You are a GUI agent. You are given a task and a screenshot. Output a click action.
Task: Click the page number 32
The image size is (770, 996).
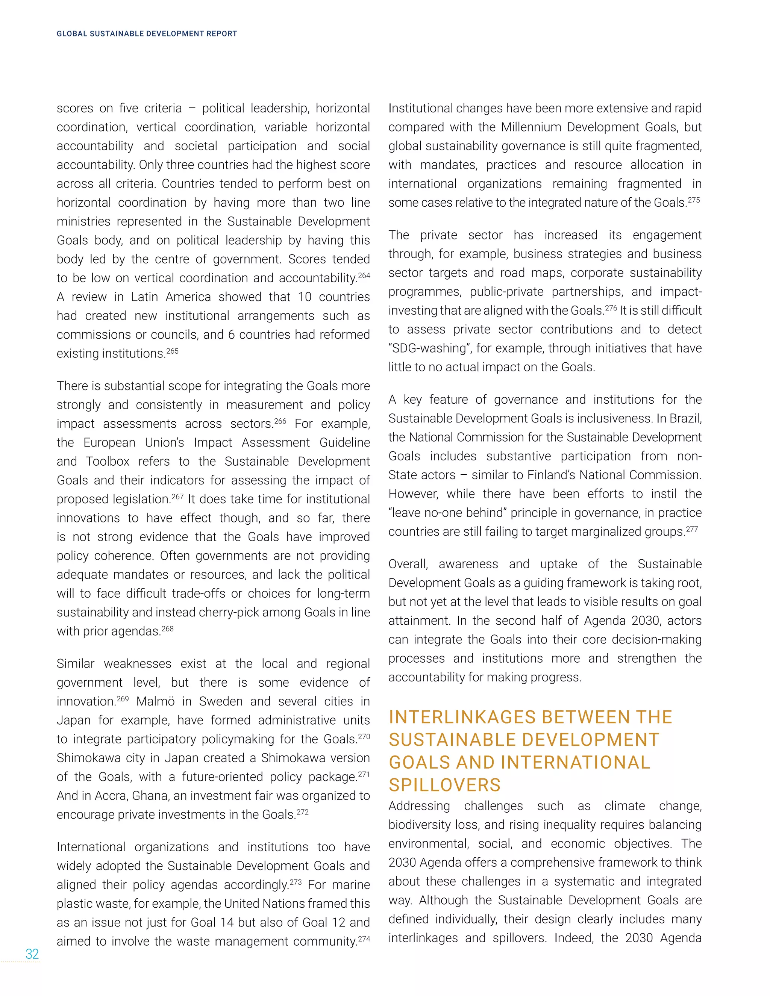click(32, 954)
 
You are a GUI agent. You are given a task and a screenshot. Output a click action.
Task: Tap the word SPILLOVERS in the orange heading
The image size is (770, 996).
click(444, 785)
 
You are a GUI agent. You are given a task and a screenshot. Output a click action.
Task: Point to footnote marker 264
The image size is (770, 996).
click(364, 275)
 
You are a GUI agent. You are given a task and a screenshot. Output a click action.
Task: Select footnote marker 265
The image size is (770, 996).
click(173, 351)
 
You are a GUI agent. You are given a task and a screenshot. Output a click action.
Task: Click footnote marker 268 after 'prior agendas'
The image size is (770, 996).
click(167, 629)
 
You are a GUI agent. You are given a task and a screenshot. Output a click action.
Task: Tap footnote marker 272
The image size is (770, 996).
click(302, 812)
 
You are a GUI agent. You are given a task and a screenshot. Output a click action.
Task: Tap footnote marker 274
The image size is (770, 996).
click(364, 939)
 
